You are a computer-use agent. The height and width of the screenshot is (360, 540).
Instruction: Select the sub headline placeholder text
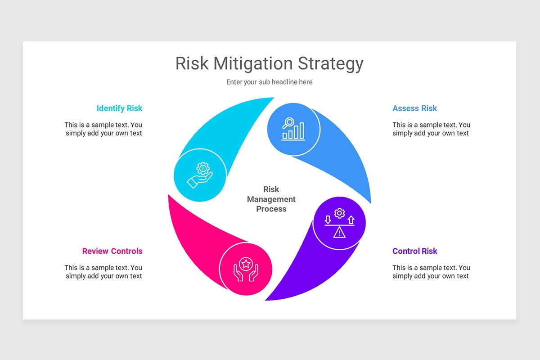pyautogui.click(x=269, y=82)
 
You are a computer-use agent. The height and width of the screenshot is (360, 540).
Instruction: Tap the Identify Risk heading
pyautogui.click(x=119, y=108)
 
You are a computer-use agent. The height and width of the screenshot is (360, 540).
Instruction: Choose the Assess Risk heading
pyautogui.click(x=414, y=108)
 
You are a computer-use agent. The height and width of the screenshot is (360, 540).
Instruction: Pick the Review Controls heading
pyautogui.click(x=112, y=251)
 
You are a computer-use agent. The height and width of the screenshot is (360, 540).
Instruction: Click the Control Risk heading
pyautogui.click(x=414, y=251)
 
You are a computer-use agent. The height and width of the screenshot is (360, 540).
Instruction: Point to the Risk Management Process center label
pyautogui.click(x=271, y=199)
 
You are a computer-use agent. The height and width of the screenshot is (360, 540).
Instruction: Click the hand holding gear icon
pyautogui.click(x=200, y=175)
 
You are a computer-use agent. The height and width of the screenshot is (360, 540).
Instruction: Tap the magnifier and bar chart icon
pyautogui.click(x=293, y=129)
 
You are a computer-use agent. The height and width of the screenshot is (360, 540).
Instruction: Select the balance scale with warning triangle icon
pyautogui.click(x=339, y=223)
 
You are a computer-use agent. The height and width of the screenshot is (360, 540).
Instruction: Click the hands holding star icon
pyautogui.click(x=246, y=269)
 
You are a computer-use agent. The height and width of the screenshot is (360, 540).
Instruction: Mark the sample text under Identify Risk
pyautogui.click(x=103, y=129)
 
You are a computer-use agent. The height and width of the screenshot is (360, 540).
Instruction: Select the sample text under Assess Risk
pyautogui.click(x=431, y=129)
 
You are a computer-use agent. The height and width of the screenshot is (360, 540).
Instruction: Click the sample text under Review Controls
pyautogui.click(x=103, y=272)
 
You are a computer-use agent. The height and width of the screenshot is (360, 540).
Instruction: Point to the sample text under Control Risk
pyautogui.click(x=431, y=272)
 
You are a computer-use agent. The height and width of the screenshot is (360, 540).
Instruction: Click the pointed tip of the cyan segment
pyautogui.click(x=271, y=99)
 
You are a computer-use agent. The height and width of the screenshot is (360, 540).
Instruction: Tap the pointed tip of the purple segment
pyautogui.click(x=267, y=299)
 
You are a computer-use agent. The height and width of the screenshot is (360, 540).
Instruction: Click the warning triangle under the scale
pyautogui.click(x=339, y=232)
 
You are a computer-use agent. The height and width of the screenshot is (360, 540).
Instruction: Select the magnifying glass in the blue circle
pyautogui.click(x=288, y=122)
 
